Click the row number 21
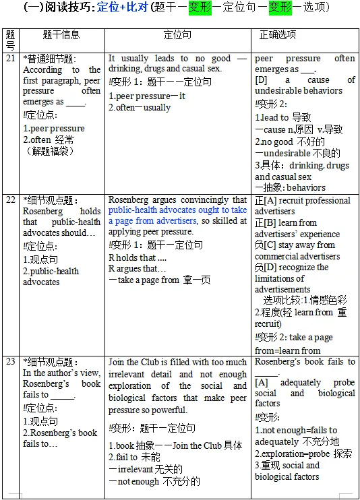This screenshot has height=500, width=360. click(x=9, y=59)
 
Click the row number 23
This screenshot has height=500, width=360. click(x=9, y=361)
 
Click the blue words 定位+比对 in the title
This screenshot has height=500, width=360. click(x=124, y=8)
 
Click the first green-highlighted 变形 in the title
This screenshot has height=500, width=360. click(x=200, y=8)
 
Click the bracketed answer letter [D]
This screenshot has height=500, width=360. click(x=262, y=80)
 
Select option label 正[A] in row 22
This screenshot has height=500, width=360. click(x=266, y=201)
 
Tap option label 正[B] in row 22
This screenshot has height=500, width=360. click(x=266, y=222)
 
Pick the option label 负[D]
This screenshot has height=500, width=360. click(x=266, y=267)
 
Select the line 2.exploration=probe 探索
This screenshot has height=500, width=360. click(x=303, y=454)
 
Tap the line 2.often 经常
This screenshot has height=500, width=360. click(x=49, y=139)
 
